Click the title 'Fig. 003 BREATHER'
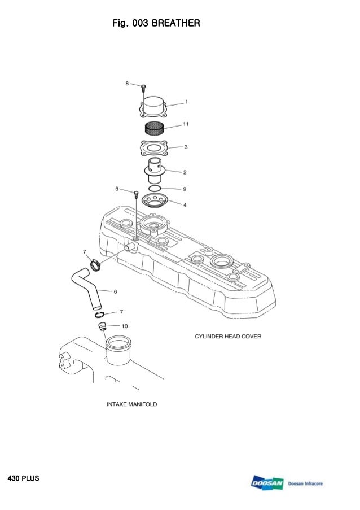pos(156,24)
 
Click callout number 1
pos(186,102)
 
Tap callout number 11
pos(185,124)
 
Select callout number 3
pos(186,147)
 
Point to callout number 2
pos(185,171)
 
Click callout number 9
pos(185,189)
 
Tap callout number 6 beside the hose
pos(115,292)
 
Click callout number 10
pos(124,326)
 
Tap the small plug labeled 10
pos(102,327)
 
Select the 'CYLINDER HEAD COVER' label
pos(228,337)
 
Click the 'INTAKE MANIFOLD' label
pos(132,404)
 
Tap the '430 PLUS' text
pos(23,478)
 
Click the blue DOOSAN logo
pos(267,483)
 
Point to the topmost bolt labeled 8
pos(143,88)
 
